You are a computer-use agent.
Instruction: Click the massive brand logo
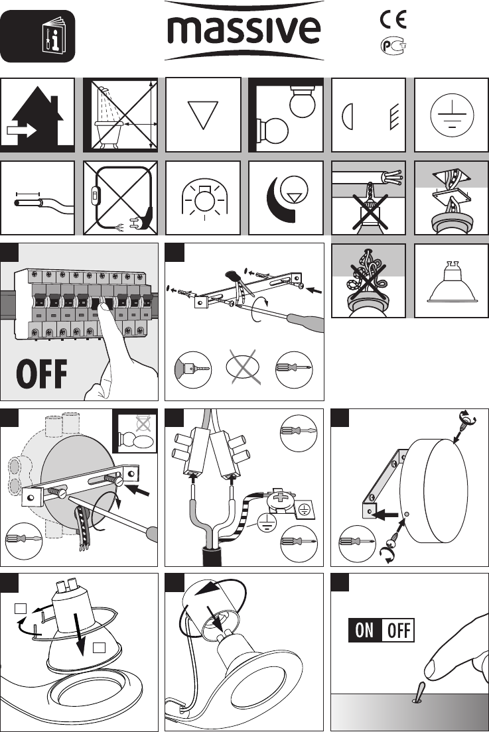tap(244, 30)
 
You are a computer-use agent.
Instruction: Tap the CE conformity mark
tap(393, 19)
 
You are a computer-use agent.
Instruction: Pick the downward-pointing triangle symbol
tap(203, 115)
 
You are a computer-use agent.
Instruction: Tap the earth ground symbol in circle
tap(452, 115)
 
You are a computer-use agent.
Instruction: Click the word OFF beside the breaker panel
tap(42, 374)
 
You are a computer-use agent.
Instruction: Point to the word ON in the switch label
tap(364, 631)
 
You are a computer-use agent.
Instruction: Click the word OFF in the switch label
tap(398, 631)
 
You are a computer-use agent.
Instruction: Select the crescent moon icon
tap(279, 198)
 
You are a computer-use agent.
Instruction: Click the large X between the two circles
tap(244, 367)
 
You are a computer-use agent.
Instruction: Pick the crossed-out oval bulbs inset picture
tap(137, 433)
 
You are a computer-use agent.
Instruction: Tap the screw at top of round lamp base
tap(464, 422)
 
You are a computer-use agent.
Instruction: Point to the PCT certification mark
tap(393, 46)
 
